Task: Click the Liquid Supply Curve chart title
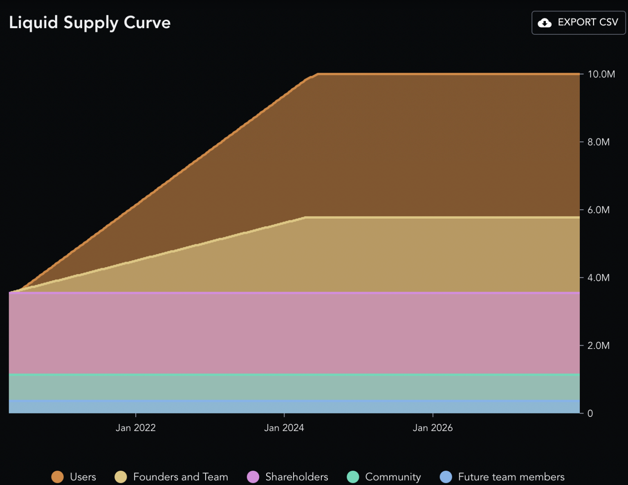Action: point(90,22)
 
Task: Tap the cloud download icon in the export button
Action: point(544,23)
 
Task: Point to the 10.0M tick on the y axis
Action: point(601,74)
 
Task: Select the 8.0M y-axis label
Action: point(598,142)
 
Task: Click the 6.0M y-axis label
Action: point(598,210)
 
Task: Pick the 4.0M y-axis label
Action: point(598,278)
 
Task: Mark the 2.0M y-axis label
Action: point(598,346)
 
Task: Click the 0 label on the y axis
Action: point(590,413)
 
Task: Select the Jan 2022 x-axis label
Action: point(136,428)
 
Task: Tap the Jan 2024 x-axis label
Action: point(284,428)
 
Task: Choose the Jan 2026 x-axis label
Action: point(433,428)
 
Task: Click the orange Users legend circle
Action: point(58,477)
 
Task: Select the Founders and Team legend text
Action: point(180,477)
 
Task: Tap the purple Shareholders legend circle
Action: point(253,477)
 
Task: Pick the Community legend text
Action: point(392,477)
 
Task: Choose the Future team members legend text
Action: point(511,477)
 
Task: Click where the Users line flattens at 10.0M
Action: point(318,74)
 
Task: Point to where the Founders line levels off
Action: point(305,217)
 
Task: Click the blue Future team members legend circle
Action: point(446,477)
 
